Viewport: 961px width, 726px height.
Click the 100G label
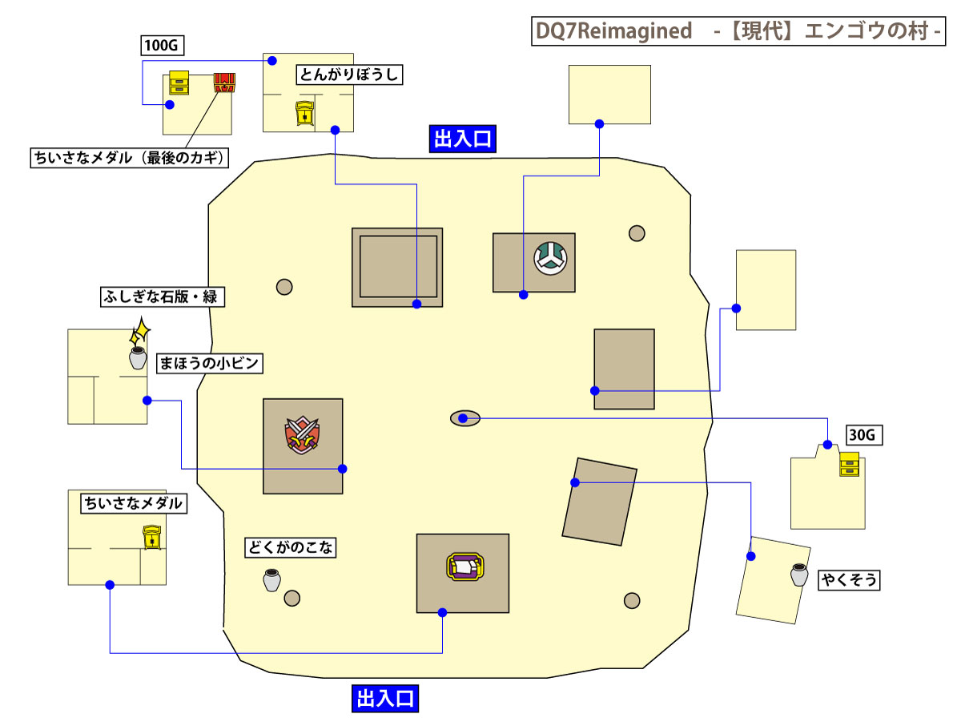159,45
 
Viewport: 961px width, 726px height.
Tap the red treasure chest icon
225,83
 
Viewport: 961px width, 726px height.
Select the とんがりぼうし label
348,75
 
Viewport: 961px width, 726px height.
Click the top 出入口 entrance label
462,139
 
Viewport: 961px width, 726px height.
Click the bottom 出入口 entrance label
385,698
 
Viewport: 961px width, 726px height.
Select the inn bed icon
464,567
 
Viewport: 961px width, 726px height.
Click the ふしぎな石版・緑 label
160,296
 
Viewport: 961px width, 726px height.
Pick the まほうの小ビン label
209,363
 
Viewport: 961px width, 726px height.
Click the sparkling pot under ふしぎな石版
138,357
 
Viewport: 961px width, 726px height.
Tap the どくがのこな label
290,548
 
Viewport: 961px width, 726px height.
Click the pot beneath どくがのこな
271,580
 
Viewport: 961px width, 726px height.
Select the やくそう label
849,580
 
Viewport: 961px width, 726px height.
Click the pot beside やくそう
799,575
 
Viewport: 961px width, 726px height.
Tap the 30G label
864,436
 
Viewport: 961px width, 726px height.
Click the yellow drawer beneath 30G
849,464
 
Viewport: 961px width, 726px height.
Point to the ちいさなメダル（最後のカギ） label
128,158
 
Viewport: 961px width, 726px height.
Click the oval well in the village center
464,418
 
